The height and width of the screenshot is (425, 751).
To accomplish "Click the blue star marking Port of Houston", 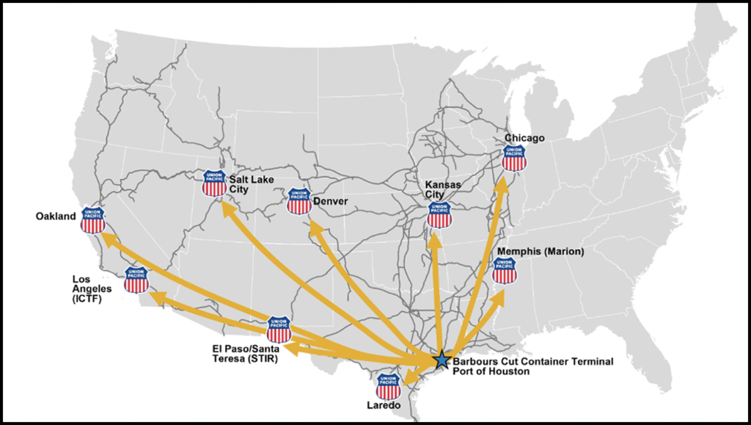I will point(441,360).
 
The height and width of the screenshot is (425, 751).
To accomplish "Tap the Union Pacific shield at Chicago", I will point(514,158).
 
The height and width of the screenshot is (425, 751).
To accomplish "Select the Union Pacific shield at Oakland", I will point(93,219).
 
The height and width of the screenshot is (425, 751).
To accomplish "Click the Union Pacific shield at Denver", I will point(299,200).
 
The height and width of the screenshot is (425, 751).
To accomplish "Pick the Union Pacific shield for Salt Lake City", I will point(214,183).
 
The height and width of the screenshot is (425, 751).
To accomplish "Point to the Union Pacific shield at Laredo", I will point(388,386).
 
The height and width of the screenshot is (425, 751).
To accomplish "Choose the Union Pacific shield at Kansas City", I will point(440,214).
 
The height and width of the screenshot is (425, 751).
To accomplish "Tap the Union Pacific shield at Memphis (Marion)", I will point(505,270).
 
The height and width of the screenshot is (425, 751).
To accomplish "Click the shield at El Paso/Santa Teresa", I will point(279,330).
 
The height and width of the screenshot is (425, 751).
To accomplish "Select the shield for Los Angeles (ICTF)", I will point(136,280).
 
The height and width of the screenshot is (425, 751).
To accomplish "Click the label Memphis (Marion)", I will point(541,252).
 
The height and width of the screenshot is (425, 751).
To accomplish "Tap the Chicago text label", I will point(524,138).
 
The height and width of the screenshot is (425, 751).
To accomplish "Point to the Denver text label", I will point(330,200).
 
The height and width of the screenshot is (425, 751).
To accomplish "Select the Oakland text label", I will point(56,217).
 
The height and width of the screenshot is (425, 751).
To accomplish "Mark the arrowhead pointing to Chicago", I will point(503,180).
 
